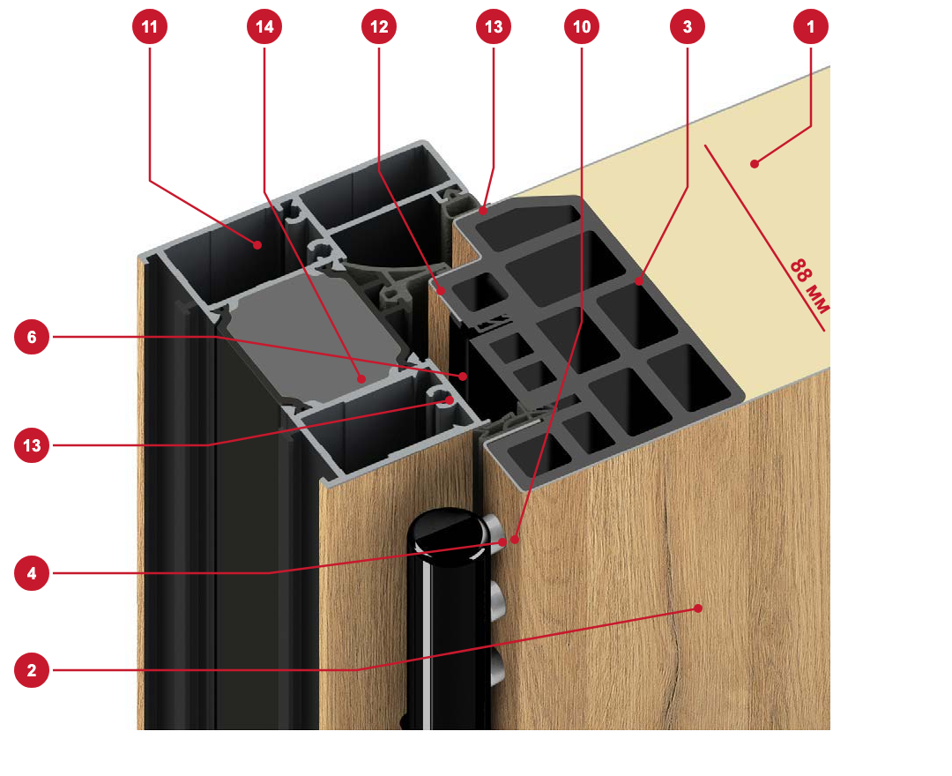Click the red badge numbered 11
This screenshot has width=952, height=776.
coord(149,26)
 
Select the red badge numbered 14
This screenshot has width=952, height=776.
coord(264,26)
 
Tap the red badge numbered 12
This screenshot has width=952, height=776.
coord(379,26)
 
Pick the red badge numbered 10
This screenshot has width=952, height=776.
coord(582,26)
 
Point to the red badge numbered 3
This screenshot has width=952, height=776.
coord(688,26)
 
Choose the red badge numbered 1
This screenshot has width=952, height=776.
coord(811,26)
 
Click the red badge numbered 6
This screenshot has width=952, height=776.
coord(32,337)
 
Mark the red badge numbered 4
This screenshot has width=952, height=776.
coord(32,573)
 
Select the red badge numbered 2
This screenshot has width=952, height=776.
coord(32,670)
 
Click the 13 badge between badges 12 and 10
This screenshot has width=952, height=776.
coord(494,26)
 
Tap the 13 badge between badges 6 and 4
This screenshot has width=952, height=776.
coord(32,445)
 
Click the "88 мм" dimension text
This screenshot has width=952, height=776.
coord(809,287)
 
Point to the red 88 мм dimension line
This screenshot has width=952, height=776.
coord(764,238)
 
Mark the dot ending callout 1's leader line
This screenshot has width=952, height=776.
coord(754,164)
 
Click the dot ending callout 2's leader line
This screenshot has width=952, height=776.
coord(698,608)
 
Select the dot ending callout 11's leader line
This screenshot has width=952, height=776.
coord(257,244)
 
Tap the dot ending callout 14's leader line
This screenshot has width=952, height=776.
coord(362,379)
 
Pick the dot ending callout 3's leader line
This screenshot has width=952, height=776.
coord(639,281)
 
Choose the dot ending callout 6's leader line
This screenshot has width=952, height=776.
coord(463,377)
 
